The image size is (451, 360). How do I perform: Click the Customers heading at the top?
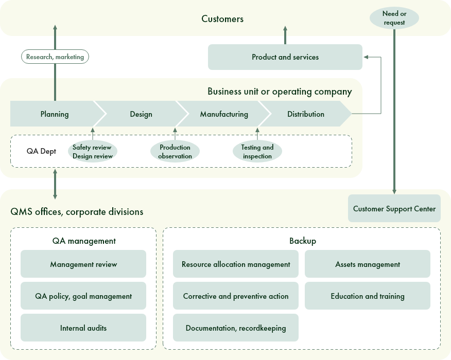coord(222,19)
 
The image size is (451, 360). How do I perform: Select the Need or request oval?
coord(394,19)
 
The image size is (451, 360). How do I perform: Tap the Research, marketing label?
coord(55,57)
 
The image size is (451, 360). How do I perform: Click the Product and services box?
coord(285,57)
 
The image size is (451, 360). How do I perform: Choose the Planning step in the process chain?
coord(54,114)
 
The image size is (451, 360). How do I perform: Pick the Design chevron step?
coord(141,114)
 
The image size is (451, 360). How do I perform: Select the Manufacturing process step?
coord(224,114)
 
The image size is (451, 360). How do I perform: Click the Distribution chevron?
coord(306,114)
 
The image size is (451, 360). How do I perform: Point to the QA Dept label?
coord(41,152)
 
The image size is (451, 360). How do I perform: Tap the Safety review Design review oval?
coord(92,152)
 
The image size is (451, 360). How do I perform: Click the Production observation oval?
coord(175,152)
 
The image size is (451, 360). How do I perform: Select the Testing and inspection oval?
coord(257,152)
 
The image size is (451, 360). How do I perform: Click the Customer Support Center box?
coord(394,209)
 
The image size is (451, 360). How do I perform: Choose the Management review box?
coord(83,264)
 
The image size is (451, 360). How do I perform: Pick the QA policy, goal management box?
coord(83,296)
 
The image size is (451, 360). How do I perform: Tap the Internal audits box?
coord(83,328)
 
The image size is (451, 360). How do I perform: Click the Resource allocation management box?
coord(236,264)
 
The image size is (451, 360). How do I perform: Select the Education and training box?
coord(367,296)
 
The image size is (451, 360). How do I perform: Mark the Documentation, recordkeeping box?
coord(236,328)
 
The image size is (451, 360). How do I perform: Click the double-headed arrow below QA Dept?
coord(55,183)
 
